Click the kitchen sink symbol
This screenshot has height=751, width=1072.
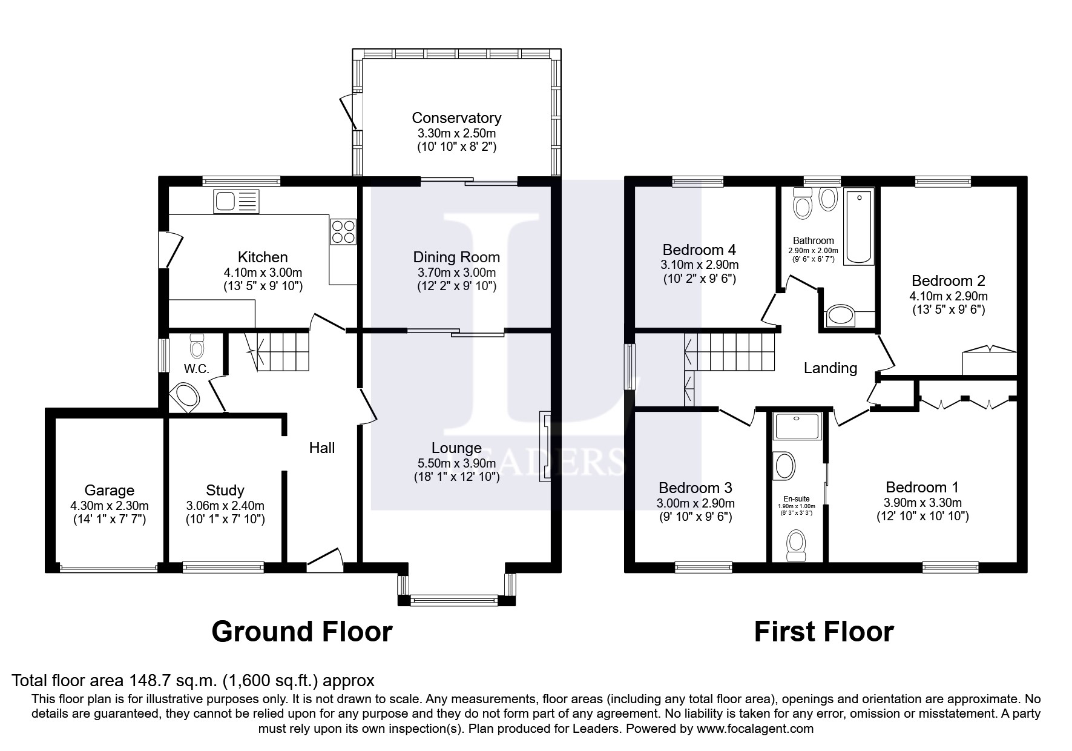[x=235, y=201]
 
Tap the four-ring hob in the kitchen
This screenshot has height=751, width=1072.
[x=343, y=231]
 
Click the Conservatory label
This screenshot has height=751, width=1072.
[x=456, y=117]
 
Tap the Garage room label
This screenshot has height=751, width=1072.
[x=110, y=490]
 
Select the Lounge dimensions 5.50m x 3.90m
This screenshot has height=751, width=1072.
[x=456, y=463]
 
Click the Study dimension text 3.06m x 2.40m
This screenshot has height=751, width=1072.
[x=225, y=505]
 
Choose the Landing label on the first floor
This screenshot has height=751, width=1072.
[x=830, y=368]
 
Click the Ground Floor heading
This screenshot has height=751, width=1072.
[x=302, y=632]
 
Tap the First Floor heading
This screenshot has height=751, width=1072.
[x=823, y=632]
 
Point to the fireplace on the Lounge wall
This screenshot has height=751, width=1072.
[x=545, y=447]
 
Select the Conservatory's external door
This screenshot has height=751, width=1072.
[x=348, y=111]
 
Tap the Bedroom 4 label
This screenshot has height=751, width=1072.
[x=699, y=250]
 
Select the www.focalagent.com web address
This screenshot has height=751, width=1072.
[x=755, y=729]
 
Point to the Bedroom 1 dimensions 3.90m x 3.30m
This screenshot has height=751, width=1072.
[x=922, y=503]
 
